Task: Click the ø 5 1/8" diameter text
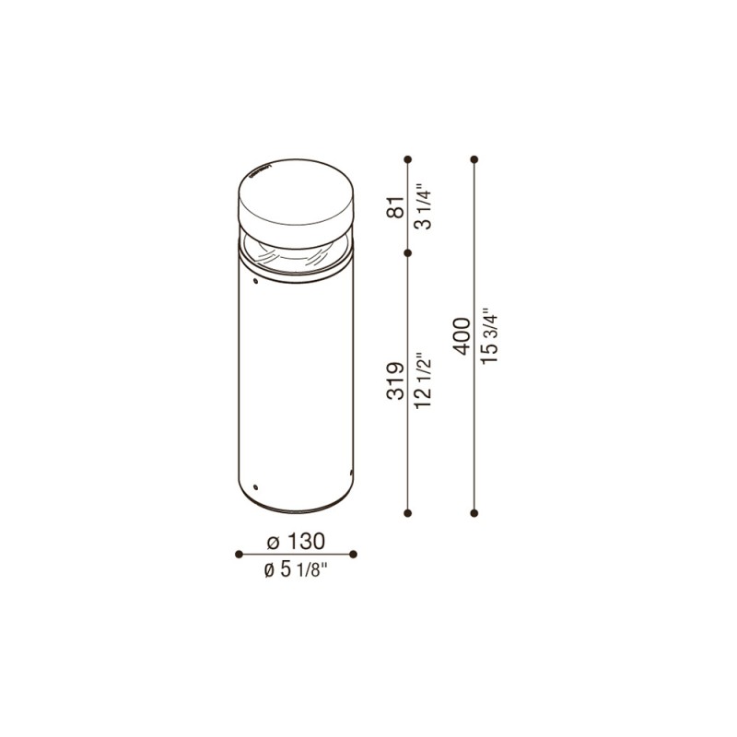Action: point(297,570)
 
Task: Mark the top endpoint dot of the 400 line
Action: point(474,159)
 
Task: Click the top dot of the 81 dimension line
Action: point(409,159)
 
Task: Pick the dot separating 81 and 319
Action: point(409,251)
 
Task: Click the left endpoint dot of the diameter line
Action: point(239,554)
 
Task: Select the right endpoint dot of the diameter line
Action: point(354,554)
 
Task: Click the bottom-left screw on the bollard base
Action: point(258,485)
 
